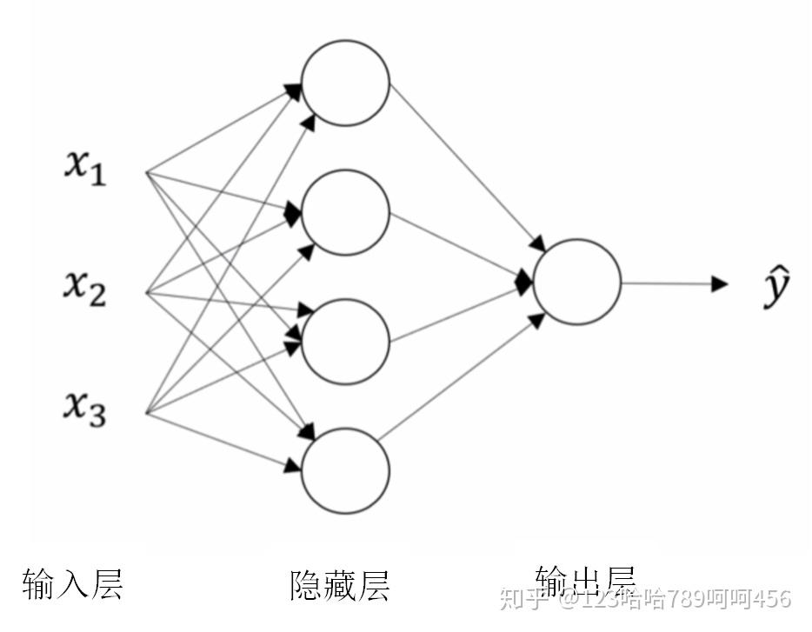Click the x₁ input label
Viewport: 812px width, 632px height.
(x=84, y=166)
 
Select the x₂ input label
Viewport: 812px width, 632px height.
(x=84, y=286)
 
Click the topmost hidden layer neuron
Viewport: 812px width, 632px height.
(x=345, y=83)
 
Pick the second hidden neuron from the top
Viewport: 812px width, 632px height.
(x=345, y=212)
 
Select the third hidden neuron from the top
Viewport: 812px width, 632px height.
(x=345, y=341)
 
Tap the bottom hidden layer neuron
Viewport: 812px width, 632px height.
(x=345, y=469)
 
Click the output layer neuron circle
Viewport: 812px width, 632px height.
(x=577, y=282)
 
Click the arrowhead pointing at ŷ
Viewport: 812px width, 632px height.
(x=720, y=283)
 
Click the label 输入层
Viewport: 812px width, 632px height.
(x=72, y=583)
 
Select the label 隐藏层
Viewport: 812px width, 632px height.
(x=340, y=585)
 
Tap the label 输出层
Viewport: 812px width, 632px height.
(x=585, y=579)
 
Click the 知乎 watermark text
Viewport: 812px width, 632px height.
(x=521, y=599)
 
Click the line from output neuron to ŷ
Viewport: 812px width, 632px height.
(x=665, y=283)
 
